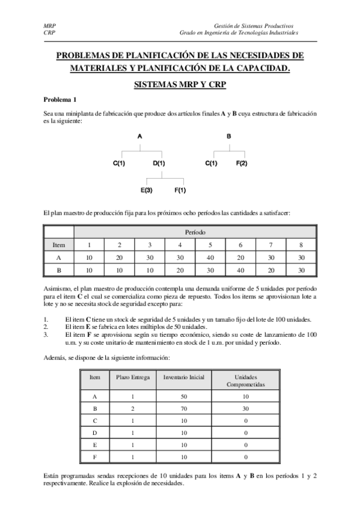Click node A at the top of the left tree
click(x=140, y=137)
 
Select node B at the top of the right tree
click(x=229, y=137)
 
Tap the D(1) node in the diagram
click(x=159, y=163)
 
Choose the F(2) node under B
click(x=242, y=163)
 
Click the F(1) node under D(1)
click(x=180, y=190)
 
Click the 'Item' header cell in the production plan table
click(x=59, y=245)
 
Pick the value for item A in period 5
click(x=211, y=257)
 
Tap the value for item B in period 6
click(x=241, y=271)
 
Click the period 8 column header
click(x=301, y=245)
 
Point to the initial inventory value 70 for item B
click(x=183, y=410)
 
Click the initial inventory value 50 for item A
click(x=183, y=397)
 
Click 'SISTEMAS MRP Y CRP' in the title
click(x=180, y=85)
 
